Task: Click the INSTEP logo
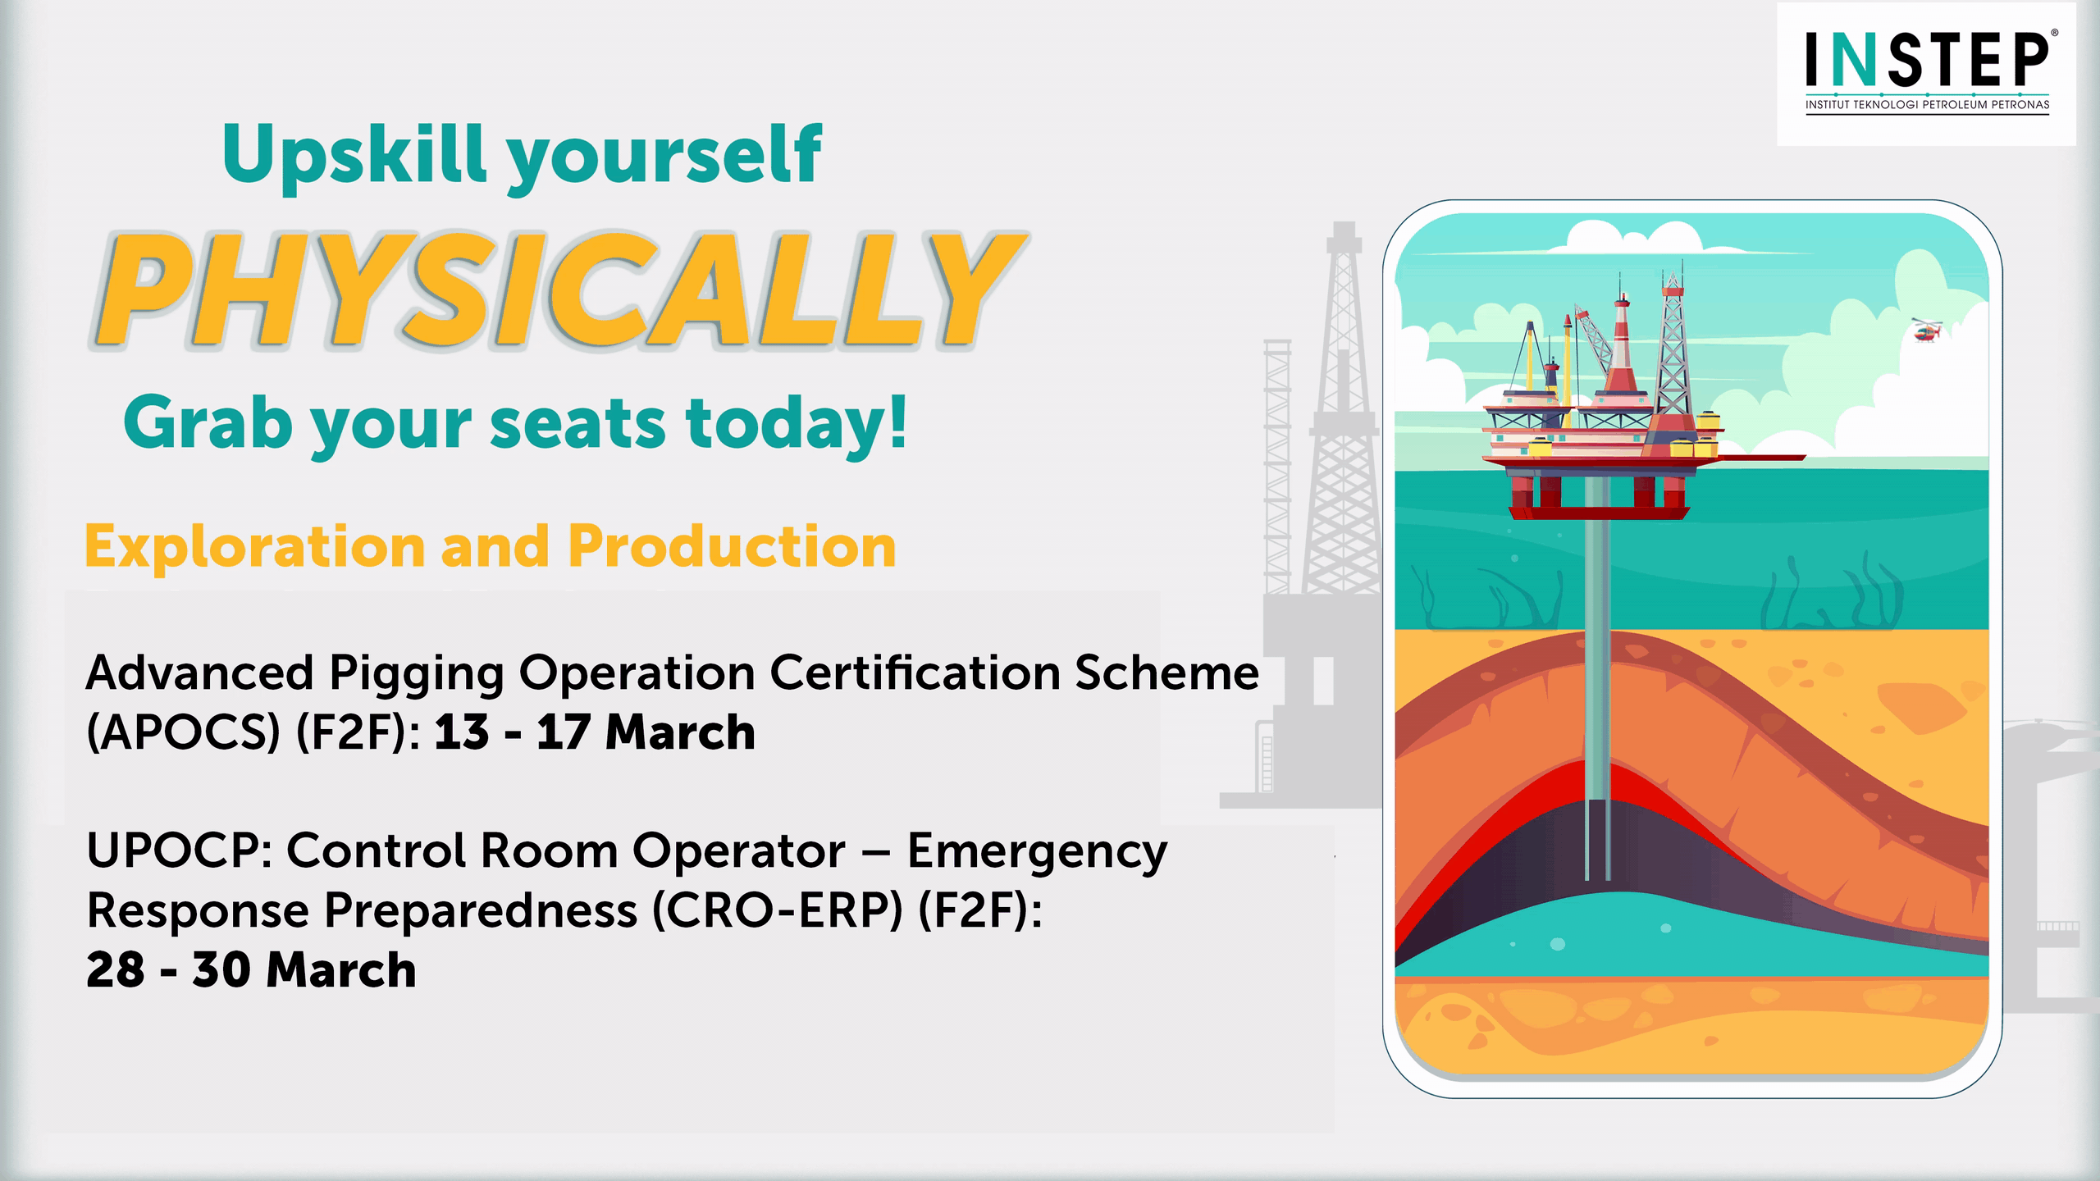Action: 1927,72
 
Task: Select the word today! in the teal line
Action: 797,424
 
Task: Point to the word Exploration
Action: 254,546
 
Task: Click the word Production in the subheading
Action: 732,546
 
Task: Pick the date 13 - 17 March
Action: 595,732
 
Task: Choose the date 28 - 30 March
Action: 251,969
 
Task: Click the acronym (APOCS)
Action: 184,732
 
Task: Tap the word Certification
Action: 915,673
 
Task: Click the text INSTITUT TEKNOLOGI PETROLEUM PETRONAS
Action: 1927,105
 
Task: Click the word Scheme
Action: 1167,673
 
